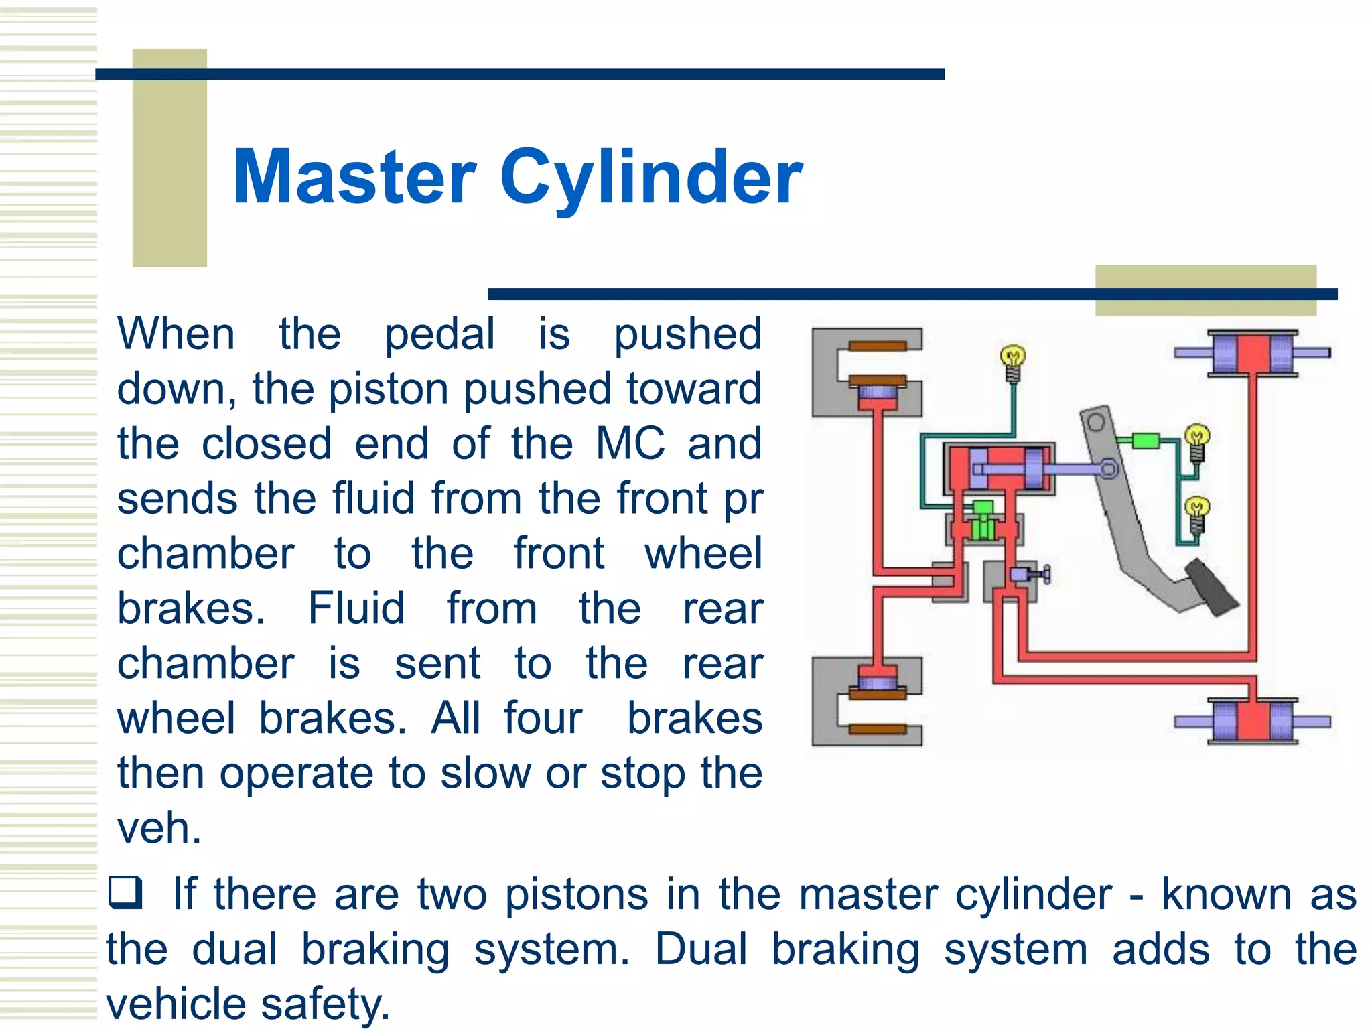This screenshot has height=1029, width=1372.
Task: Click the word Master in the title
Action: tap(354, 178)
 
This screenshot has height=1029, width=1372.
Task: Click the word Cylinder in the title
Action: tap(650, 178)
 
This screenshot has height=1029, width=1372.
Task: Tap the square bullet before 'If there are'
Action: tap(125, 892)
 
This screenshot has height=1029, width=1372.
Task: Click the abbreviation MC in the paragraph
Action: tap(630, 443)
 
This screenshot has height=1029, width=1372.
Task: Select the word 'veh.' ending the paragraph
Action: tap(159, 828)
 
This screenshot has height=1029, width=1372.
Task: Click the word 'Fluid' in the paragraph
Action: tap(356, 608)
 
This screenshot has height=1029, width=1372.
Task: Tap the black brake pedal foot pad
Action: tap(1211, 588)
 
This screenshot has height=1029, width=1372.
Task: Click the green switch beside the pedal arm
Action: tap(1146, 440)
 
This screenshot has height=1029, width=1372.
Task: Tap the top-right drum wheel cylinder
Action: tap(1252, 353)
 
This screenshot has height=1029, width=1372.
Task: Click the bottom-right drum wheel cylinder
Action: tap(1252, 722)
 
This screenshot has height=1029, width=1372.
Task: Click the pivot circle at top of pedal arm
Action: tap(1096, 423)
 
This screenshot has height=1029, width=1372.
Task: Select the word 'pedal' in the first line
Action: tap(439, 334)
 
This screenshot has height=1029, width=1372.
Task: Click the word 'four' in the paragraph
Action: tap(543, 718)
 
